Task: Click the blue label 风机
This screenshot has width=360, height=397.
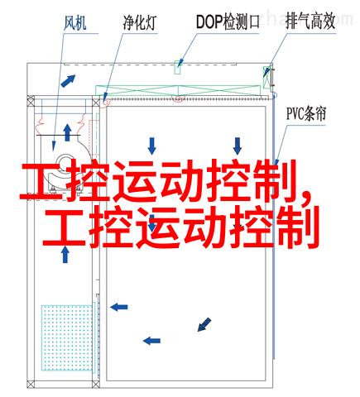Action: (x=74, y=23)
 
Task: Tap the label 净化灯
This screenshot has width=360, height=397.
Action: (x=140, y=22)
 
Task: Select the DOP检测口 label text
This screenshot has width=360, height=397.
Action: (x=228, y=22)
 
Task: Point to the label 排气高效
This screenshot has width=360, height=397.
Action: (x=310, y=22)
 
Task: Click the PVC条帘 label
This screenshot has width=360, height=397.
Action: (x=306, y=113)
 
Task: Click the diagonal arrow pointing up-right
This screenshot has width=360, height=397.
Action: (x=68, y=81)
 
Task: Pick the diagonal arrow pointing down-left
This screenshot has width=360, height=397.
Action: (x=204, y=324)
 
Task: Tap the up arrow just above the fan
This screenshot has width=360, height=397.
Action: (x=67, y=132)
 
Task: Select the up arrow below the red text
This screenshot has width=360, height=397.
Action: (x=65, y=255)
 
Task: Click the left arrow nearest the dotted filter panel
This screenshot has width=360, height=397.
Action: (x=119, y=307)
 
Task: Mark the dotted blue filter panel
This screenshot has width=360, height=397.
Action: (x=67, y=337)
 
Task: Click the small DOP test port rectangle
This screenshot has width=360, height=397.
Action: (x=178, y=67)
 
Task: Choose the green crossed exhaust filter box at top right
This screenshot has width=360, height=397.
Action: (x=266, y=78)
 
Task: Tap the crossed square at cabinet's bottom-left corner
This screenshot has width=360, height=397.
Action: (x=31, y=384)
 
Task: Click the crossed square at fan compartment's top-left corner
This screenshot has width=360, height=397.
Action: (x=31, y=103)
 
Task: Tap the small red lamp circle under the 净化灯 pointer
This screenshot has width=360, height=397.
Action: (x=105, y=102)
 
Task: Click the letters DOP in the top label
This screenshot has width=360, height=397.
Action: (x=209, y=22)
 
